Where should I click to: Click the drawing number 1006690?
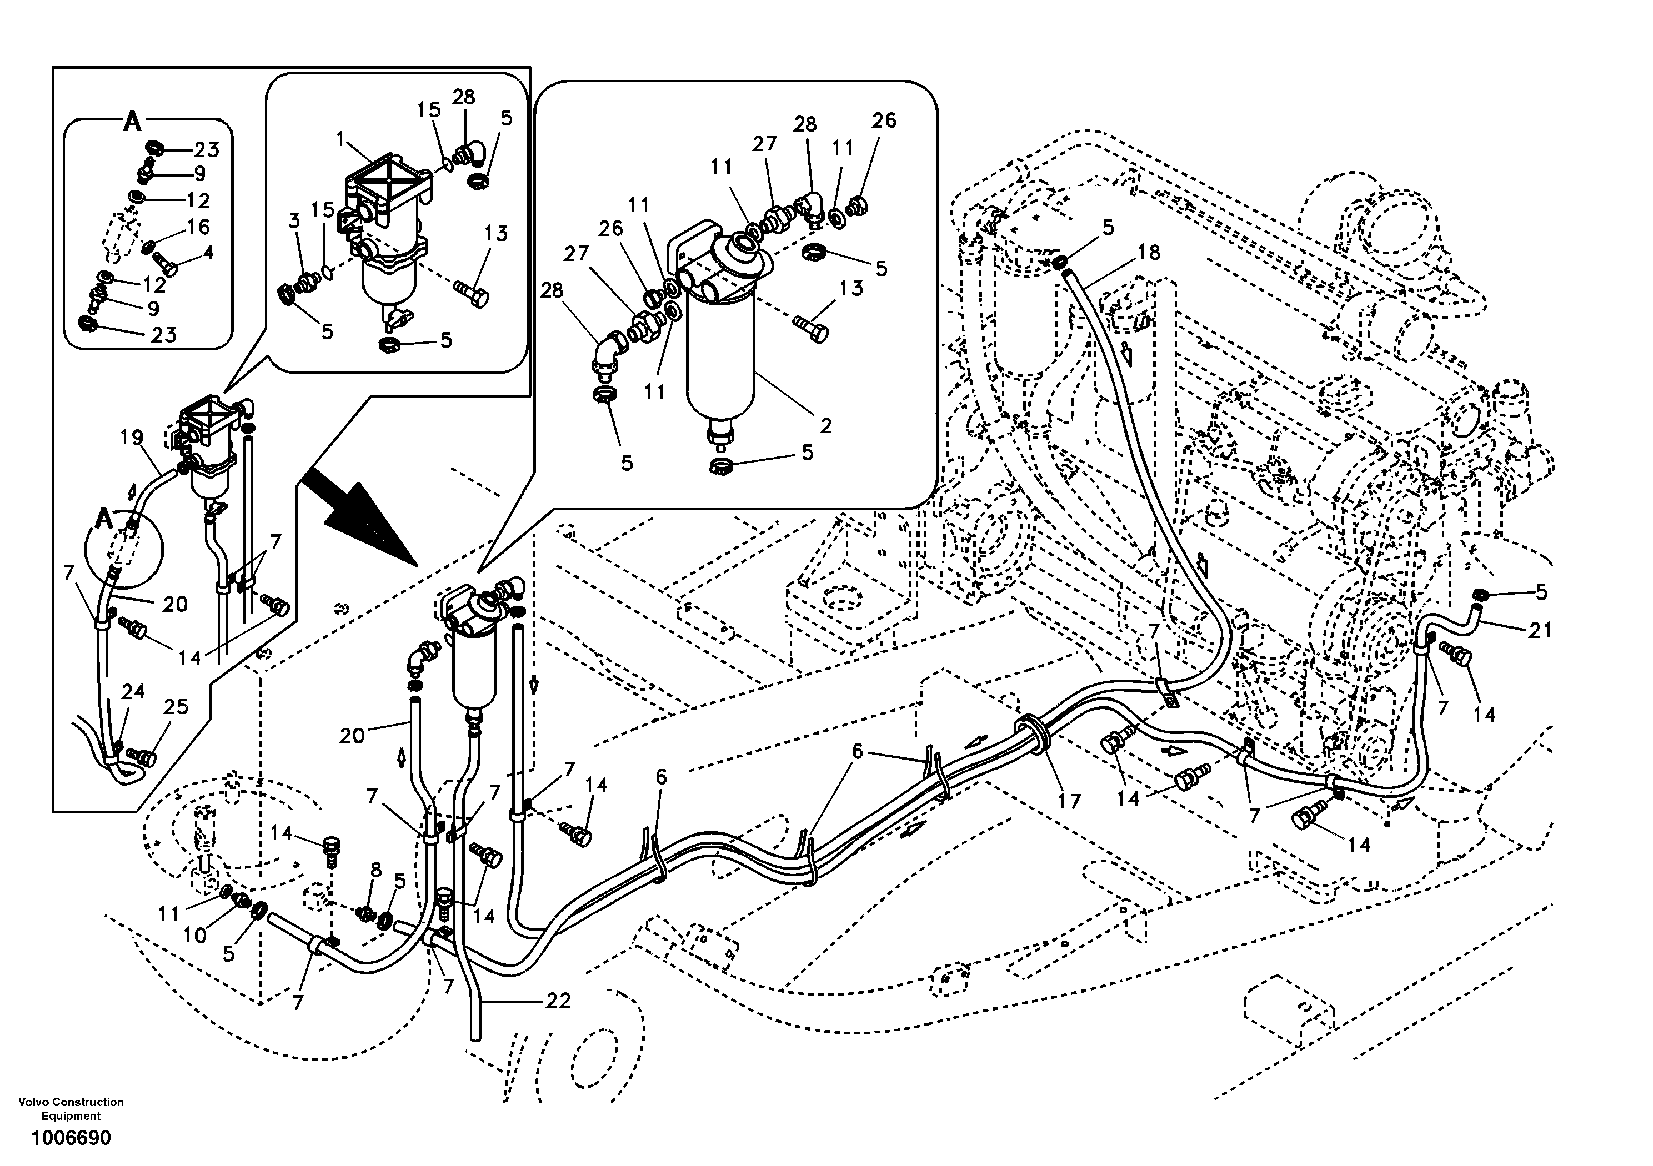71,1138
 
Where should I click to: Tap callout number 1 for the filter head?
340,138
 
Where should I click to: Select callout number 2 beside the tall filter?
826,426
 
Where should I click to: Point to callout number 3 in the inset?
294,221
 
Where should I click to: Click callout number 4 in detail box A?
208,253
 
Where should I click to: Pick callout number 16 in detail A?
197,228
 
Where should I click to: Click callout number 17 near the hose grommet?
1069,800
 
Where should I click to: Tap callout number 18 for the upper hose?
1149,253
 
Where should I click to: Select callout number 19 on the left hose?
132,437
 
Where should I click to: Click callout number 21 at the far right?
1540,631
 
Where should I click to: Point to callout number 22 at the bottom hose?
558,1001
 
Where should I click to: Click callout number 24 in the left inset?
132,692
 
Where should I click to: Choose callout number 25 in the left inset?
176,707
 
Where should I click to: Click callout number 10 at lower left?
195,936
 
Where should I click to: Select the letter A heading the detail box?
132,122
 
